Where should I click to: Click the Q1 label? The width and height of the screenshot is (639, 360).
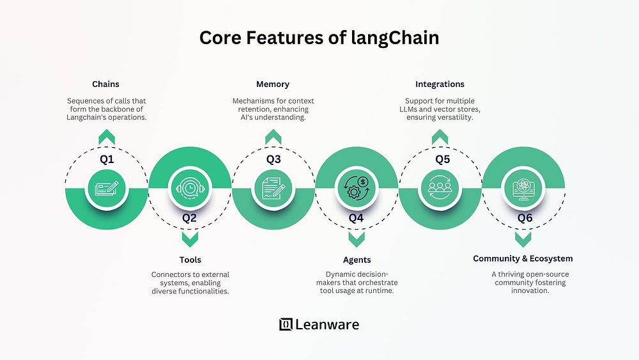tap(107, 159)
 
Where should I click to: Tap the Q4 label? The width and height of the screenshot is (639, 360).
tap(356, 218)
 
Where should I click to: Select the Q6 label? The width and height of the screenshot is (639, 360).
tap(525, 218)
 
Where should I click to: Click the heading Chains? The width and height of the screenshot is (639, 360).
tap(105, 84)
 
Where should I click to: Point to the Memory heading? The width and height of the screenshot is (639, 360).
tap(273, 84)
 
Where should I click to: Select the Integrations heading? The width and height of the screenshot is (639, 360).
tap(440, 84)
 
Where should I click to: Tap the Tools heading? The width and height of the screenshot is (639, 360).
tap(190, 260)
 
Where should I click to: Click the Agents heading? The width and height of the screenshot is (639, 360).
tap(357, 260)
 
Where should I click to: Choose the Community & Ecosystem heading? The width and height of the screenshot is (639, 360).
tap(523, 258)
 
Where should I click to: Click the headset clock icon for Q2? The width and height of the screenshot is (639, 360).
tap(190, 189)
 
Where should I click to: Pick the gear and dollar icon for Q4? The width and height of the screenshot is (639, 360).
tap(357, 188)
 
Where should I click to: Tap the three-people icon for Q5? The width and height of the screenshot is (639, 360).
tap(440, 188)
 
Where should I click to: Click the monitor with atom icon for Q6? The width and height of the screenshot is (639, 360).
tap(523, 189)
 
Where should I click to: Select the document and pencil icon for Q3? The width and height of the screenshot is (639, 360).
tap(273, 189)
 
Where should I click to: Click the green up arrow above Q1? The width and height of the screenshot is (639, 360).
tap(107, 137)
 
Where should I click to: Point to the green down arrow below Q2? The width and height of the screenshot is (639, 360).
tap(190, 240)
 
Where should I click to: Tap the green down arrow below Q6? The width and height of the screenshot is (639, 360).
tap(523, 240)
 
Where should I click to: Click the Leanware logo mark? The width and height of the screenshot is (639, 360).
tap(286, 324)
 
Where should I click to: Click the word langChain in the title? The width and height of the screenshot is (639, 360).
tap(395, 38)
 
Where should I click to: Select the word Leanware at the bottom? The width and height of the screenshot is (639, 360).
tap(327, 325)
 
